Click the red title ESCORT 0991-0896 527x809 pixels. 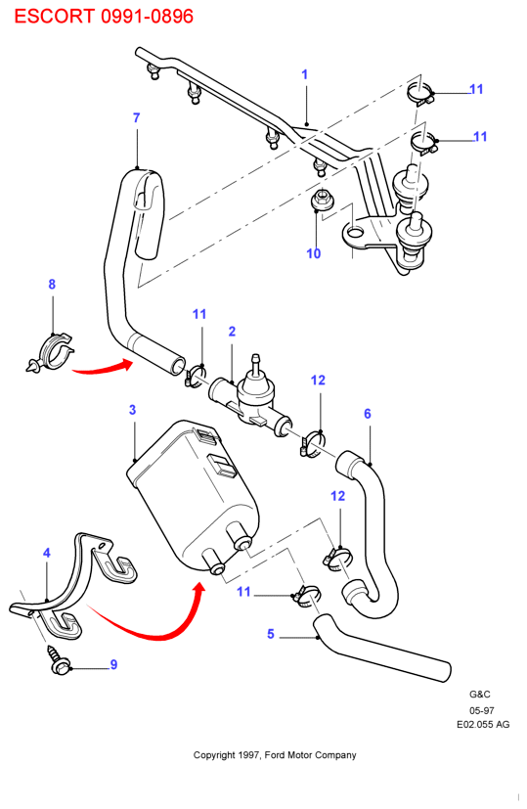[104, 16]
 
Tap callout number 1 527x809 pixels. [304, 74]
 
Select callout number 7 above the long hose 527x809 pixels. [136, 118]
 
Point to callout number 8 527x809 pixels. [52, 285]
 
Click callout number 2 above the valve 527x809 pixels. [232, 332]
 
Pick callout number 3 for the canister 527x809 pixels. [133, 410]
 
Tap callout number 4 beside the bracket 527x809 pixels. [47, 553]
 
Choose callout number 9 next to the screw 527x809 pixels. [114, 664]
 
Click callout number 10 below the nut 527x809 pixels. [314, 253]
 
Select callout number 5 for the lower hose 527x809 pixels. [271, 634]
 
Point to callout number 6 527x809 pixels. [368, 414]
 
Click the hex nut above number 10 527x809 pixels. [321, 201]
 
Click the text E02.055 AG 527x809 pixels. [483, 725]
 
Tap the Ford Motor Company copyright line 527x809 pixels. [275, 755]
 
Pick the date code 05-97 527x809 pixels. [482, 710]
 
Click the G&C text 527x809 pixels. [479, 695]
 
